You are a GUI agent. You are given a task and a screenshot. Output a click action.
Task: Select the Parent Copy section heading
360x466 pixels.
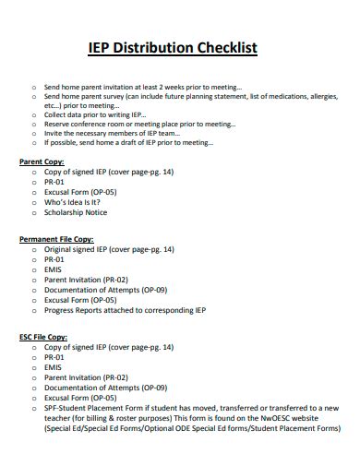click(x=42, y=161)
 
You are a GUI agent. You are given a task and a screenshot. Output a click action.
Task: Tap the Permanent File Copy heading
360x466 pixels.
click(x=56, y=238)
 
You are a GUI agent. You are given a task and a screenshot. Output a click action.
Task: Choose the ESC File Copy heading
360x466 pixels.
click(x=43, y=337)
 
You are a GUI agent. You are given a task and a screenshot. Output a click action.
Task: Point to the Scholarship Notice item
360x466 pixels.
click(x=76, y=212)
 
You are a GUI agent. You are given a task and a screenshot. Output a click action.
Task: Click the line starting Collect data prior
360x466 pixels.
click(x=102, y=114)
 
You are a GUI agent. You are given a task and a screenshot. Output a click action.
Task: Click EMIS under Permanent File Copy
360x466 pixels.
click(x=53, y=269)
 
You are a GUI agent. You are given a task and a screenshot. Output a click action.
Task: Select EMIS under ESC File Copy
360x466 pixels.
click(x=53, y=367)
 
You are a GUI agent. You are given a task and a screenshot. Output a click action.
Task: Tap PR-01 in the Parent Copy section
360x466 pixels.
click(x=54, y=182)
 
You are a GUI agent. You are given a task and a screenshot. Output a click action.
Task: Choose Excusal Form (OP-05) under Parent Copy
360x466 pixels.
click(x=80, y=191)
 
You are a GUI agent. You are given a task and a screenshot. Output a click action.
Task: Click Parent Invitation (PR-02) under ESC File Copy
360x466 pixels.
click(x=86, y=377)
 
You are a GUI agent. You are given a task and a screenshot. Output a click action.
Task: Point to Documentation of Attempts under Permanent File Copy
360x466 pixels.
click(x=105, y=290)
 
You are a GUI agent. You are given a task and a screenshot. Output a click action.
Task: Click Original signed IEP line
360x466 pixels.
click(x=109, y=249)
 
